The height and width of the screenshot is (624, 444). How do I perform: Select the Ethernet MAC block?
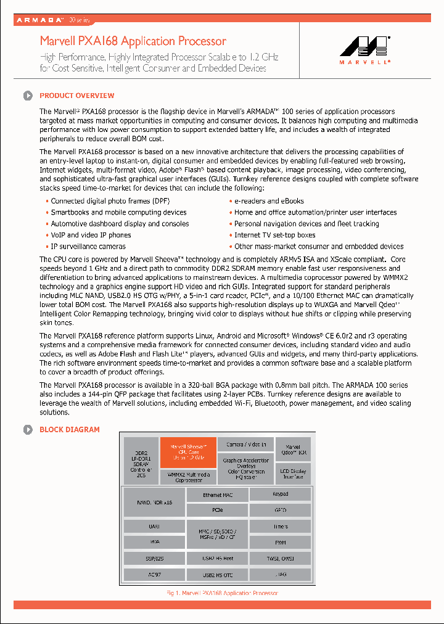(x=216, y=495)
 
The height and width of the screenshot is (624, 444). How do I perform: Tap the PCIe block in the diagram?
(x=216, y=511)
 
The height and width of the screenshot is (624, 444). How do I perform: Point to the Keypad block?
(x=281, y=495)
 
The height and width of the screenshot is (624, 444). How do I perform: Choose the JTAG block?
(x=281, y=575)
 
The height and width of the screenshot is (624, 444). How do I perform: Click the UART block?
(x=154, y=527)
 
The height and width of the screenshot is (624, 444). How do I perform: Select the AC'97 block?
(x=154, y=575)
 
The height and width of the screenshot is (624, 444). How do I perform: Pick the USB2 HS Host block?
(x=216, y=559)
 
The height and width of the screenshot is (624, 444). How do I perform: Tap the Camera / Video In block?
(x=246, y=445)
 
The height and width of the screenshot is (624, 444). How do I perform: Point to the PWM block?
(x=281, y=543)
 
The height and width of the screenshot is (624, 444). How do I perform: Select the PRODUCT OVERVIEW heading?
(x=76, y=96)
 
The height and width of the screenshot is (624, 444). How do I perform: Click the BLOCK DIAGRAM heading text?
(x=69, y=430)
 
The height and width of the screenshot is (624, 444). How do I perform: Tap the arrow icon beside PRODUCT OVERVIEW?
(x=28, y=96)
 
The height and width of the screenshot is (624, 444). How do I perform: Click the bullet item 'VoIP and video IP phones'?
(x=91, y=235)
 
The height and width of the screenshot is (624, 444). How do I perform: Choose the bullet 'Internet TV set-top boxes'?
(x=274, y=235)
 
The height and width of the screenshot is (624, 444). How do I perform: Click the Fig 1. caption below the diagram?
(x=222, y=593)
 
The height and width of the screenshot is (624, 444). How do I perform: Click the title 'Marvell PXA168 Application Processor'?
(x=133, y=41)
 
